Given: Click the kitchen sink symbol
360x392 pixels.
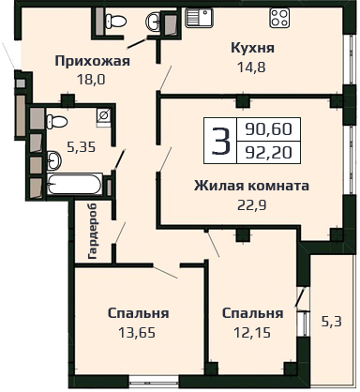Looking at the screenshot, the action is pyautogui.click(x=199, y=17).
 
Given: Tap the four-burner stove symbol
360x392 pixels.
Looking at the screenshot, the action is pyautogui.click(x=279, y=18).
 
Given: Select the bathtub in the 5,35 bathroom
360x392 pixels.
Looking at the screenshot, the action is pyautogui.click(x=74, y=184).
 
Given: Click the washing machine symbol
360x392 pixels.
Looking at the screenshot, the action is pyautogui.click(x=104, y=117).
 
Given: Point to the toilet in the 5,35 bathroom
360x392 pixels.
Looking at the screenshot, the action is pyautogui.click(x=56, y=121).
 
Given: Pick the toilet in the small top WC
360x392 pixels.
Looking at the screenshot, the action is pyautogui.click(x=115, y=21).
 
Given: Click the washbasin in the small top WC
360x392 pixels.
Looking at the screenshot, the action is pyautogui.click(x=153, y=21).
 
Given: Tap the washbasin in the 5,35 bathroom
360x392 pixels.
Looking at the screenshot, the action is pyautogui.click(x=53, y=160).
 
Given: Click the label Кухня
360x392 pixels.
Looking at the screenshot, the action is pyautogui.click(x=252, y=48).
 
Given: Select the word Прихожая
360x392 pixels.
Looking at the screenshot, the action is pyautogui.click(x=92, y=61).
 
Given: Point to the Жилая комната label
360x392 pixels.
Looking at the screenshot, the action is pyautogui.click(x=251, y=186).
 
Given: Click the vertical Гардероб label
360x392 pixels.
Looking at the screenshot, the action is pyautogui.click(x=93, y=231).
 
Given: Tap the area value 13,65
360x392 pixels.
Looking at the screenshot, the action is pyautogui.click(x=137, y=333).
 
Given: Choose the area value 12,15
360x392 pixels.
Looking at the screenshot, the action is pyautogui.click(x=252, y=333).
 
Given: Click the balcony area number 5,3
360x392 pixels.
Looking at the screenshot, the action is pyautogui.click(x=332, y=322).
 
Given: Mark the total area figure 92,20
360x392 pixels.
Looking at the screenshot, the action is pyautogui.click(x=269, y=153).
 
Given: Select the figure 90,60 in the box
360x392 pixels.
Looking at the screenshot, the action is pyautogui.click(x=269, y=128).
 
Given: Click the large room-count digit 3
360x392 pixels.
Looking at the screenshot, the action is pyautogui.click(x=220, y=141).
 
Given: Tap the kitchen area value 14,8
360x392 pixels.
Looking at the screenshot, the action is pyautogui.click(x=252, y=68).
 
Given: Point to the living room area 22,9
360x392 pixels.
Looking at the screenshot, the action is pyautogui.click(x=251, y=205).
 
